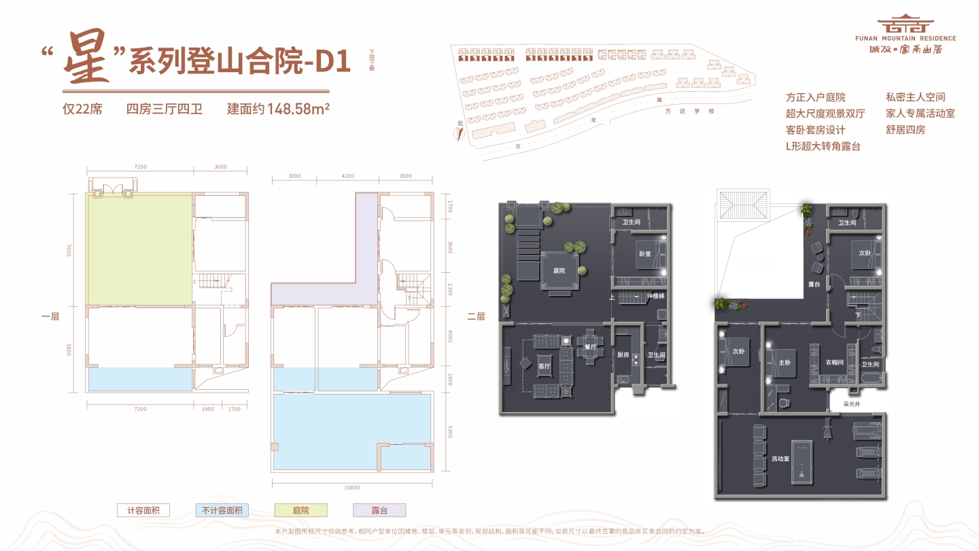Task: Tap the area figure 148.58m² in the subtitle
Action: (298, 109)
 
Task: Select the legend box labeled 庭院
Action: (301, 510)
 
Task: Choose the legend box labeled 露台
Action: (379, 510)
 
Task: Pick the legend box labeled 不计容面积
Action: (222, 510)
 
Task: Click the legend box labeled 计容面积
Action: (143, 510)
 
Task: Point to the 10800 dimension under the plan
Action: (352, 487)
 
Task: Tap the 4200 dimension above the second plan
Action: (348, 176)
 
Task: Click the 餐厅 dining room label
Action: (589, 347)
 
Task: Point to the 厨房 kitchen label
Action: (623, 354)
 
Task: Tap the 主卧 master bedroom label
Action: (783, 363)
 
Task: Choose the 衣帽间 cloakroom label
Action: (834, 363)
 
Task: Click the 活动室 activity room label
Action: (780, 459)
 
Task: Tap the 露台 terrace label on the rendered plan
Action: (813, 284)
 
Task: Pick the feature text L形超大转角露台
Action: (823, 146)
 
